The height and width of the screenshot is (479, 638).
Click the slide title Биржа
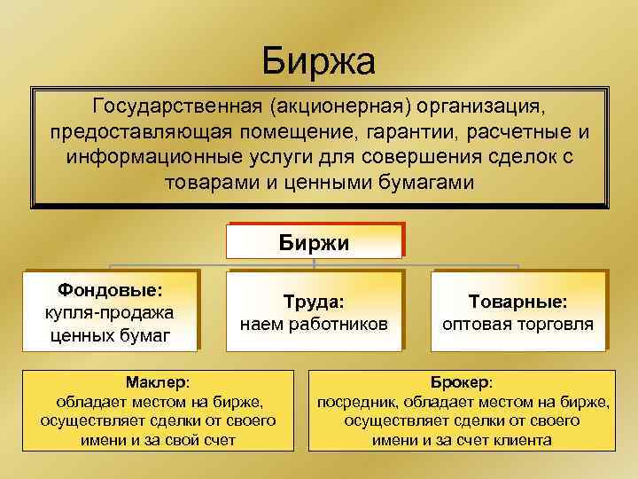[x=319, y=62]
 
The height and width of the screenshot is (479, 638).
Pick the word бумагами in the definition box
[x=420, y=182]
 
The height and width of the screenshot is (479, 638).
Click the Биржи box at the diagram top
[x=315, y=242]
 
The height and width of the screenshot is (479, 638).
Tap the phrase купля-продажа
[x=110, y=312]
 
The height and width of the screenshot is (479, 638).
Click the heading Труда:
[x=314, y=302]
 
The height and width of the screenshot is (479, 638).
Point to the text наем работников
[x=314, y=325]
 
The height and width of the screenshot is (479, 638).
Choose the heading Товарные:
[x=518, y=302]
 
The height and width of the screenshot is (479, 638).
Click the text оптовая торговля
[x=518, y=325]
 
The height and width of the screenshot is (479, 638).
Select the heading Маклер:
[x=157, y=382]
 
